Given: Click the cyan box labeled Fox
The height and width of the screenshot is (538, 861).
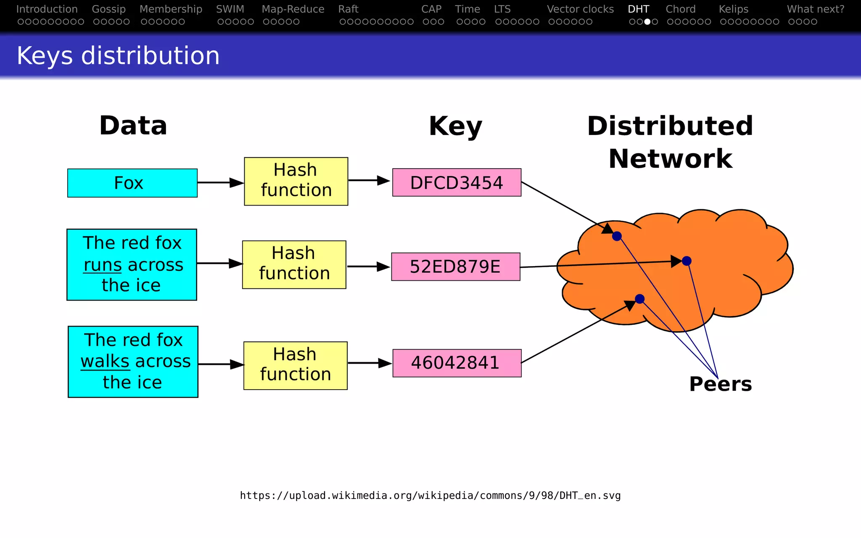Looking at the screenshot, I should (x=132, y=183).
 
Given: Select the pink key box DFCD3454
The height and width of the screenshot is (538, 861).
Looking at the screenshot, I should (x=457, y=182).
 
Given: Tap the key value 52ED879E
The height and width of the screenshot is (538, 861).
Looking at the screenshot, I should (x=455, y=266).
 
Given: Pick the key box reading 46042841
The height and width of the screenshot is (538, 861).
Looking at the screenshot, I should (x=457, y=363).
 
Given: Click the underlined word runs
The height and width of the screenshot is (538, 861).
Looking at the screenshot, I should (x=103, y=265).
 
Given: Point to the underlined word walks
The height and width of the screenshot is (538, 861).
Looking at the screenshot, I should (x=105, y=361).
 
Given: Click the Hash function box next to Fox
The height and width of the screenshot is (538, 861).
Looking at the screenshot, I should (x=296, y=181).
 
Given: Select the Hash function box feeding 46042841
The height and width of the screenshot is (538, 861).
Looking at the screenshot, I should (x=295, y=365).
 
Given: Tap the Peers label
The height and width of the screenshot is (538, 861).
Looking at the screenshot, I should (x=720, y=384).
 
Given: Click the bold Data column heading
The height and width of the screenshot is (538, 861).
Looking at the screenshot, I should (x=133, y=126).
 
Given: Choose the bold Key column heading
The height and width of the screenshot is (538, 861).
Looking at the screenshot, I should (x=455, y=126).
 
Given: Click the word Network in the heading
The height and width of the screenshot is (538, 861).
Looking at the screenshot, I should (x=670, y=159).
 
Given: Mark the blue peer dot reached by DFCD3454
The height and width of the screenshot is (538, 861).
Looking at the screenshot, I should (x=617, y=236).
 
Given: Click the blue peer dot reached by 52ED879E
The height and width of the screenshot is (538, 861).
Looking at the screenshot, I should (x=687, y=261).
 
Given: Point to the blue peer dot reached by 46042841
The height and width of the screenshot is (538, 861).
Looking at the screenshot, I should (x=639, y=299).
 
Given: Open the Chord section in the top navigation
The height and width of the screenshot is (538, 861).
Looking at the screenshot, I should (x=680, y=9).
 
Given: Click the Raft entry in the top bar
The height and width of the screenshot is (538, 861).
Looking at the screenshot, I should (x=348, y=9).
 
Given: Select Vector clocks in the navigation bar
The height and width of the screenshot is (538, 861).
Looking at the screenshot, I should (x=580, y=9).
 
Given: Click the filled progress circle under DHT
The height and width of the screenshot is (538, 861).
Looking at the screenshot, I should (x=647, y=22).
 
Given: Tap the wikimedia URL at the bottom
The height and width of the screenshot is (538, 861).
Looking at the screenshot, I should (x=430, y=496).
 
